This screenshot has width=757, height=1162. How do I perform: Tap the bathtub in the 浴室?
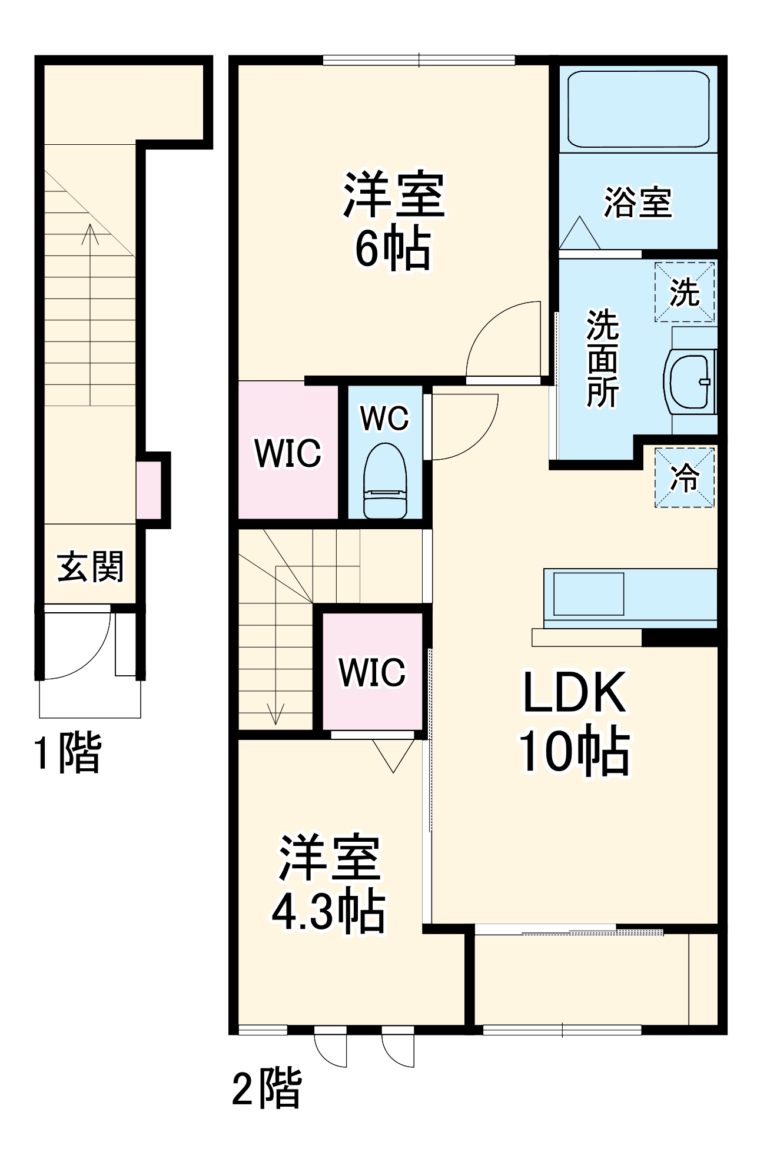(x=638, y=109)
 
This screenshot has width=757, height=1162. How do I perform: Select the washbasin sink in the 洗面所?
(x=689, y=381)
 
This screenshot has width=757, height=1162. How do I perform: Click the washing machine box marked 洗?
(x=685, y=292)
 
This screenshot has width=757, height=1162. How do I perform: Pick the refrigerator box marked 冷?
(x=685, y=477)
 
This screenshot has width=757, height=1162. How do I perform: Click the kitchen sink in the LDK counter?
(x=588, y=594)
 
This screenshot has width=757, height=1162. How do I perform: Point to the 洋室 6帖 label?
(x=393, y=220)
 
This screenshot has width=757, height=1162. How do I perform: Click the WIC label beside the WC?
(x=288, y=453)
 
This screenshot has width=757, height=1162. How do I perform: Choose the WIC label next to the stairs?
(x=372, y=672)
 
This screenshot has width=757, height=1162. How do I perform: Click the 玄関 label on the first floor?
(x=91, y=567)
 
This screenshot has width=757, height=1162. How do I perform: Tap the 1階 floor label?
(x=68, y=753)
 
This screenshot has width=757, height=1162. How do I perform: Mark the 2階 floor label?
(x=267, y=1088)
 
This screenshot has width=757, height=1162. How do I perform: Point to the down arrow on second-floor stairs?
(x=275, y=712)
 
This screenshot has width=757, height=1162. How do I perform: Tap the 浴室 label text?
(x=638, y=202)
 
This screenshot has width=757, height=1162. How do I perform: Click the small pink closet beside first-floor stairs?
(x=148, y=490)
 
